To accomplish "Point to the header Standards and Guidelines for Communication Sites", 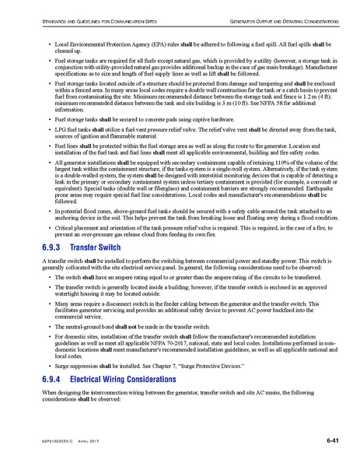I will [x=86, y=17].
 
